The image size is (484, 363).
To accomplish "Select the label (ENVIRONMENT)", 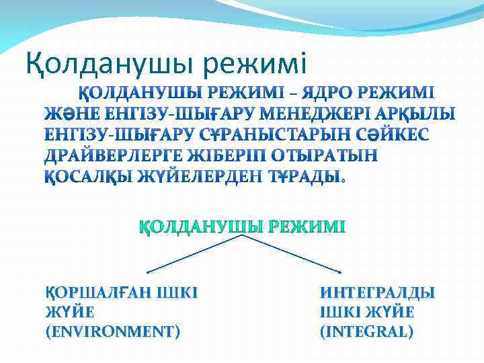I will [x=112, y=331].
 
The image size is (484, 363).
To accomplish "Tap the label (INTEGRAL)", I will [x=366, y=331].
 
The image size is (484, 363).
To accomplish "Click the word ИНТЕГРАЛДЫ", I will [x=378, y=292].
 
